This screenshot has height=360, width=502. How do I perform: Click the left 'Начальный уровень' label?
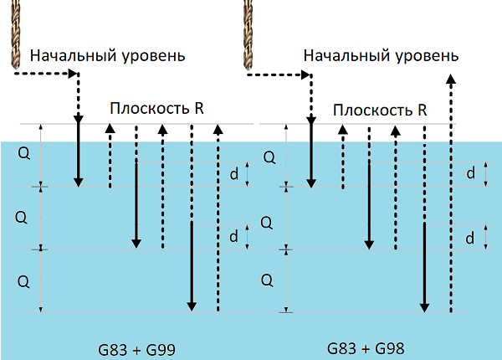[108, 55]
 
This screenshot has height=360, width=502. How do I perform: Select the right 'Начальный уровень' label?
[381, 56]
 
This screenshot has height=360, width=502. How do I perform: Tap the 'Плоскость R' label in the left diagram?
[157, 109]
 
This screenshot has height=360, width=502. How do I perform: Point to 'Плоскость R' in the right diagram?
[381, 110]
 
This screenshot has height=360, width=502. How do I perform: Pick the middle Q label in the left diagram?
[22, 217]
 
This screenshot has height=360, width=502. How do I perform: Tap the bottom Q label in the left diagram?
[22, 278]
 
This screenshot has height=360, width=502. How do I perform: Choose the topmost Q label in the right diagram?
[269, 156]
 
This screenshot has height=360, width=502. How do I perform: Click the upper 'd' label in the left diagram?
[233, 174]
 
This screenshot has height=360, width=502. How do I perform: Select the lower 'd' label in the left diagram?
[233, 237]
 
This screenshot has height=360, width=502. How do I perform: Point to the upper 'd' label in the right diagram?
[471, 173]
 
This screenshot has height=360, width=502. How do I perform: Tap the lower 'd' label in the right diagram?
[471, 238]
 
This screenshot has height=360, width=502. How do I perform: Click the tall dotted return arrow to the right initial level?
[450, 193]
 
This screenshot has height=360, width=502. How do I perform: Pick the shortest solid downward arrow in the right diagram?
[310, 155]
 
